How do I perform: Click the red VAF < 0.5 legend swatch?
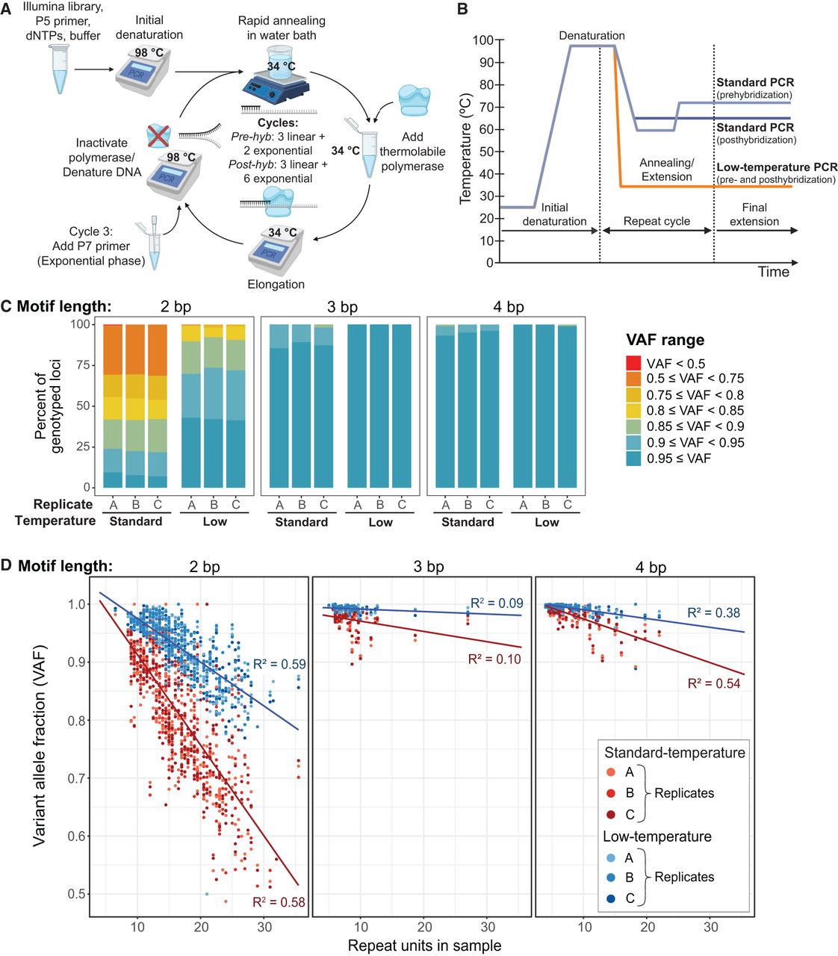point(633,363)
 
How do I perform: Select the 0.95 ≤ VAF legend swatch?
point(633,458)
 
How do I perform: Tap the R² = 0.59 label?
point(279,664)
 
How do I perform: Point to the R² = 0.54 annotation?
point(713,683)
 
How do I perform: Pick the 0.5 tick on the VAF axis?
point(78,894)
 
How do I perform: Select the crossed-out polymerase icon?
point(158,136)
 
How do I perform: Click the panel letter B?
point(462,8)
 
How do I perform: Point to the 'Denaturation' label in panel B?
point(592,35)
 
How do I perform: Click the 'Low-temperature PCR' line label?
point(777,167)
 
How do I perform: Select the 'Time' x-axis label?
point(773,272)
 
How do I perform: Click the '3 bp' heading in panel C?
point(343,307)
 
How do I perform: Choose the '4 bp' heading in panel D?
point(651,567)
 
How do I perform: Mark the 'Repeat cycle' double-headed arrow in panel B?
point(657,230)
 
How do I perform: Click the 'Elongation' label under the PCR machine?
point(276,284)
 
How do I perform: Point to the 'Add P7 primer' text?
point(91,246)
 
